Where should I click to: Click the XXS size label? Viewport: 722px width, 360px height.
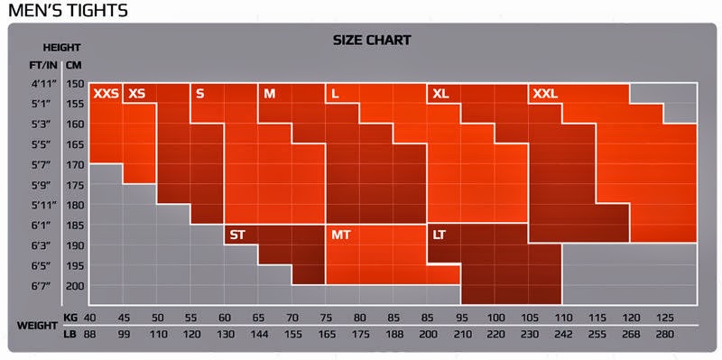(x=106, y=94)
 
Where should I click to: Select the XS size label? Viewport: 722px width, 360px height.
(x=137, y=94)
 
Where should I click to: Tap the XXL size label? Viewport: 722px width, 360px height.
(x=545, y=94)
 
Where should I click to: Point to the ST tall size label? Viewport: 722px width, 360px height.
(x=237, y=235)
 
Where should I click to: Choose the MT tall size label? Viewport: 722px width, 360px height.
(x=341, y=235)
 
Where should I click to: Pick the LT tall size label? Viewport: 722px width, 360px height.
(x=439, y=235)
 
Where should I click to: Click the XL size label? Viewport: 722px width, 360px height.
(x=440, y=94)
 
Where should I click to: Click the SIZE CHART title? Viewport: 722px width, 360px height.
(x=372, y=40)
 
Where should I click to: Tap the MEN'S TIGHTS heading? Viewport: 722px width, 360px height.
(x=69, y=10)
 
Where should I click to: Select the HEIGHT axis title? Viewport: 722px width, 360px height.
(x=61, y=48)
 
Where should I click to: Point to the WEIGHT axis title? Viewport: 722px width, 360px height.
(x=37, y=326)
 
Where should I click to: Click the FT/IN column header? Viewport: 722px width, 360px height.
(x=43, y=65)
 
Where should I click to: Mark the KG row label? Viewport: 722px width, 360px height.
(x=69, y=318)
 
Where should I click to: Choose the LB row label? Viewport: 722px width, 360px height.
(x=69, y=335)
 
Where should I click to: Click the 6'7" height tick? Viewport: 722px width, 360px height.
(x=41, y=286)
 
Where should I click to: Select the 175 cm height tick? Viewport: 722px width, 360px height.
(x=74, y=185)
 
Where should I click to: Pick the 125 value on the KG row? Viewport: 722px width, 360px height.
(x=665, y=318)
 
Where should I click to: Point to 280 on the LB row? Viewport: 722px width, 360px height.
(x=665, y=335)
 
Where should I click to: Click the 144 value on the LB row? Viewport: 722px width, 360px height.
(x=259, y=335)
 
